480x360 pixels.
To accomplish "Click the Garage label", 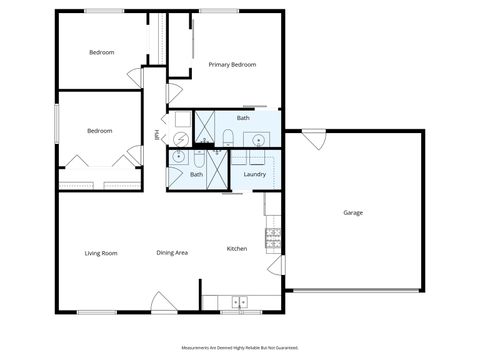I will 353,213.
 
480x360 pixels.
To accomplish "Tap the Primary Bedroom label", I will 232,65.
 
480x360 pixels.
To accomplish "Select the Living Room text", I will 101,253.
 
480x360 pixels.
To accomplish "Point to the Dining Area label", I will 172,253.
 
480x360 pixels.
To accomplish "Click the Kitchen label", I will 237,249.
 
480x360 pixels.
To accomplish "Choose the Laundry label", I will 254,175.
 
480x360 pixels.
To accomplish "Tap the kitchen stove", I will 272,237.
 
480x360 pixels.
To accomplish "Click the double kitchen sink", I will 240,300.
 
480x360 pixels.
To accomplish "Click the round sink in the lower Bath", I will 179,157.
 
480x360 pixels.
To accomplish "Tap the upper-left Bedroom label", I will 101,52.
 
